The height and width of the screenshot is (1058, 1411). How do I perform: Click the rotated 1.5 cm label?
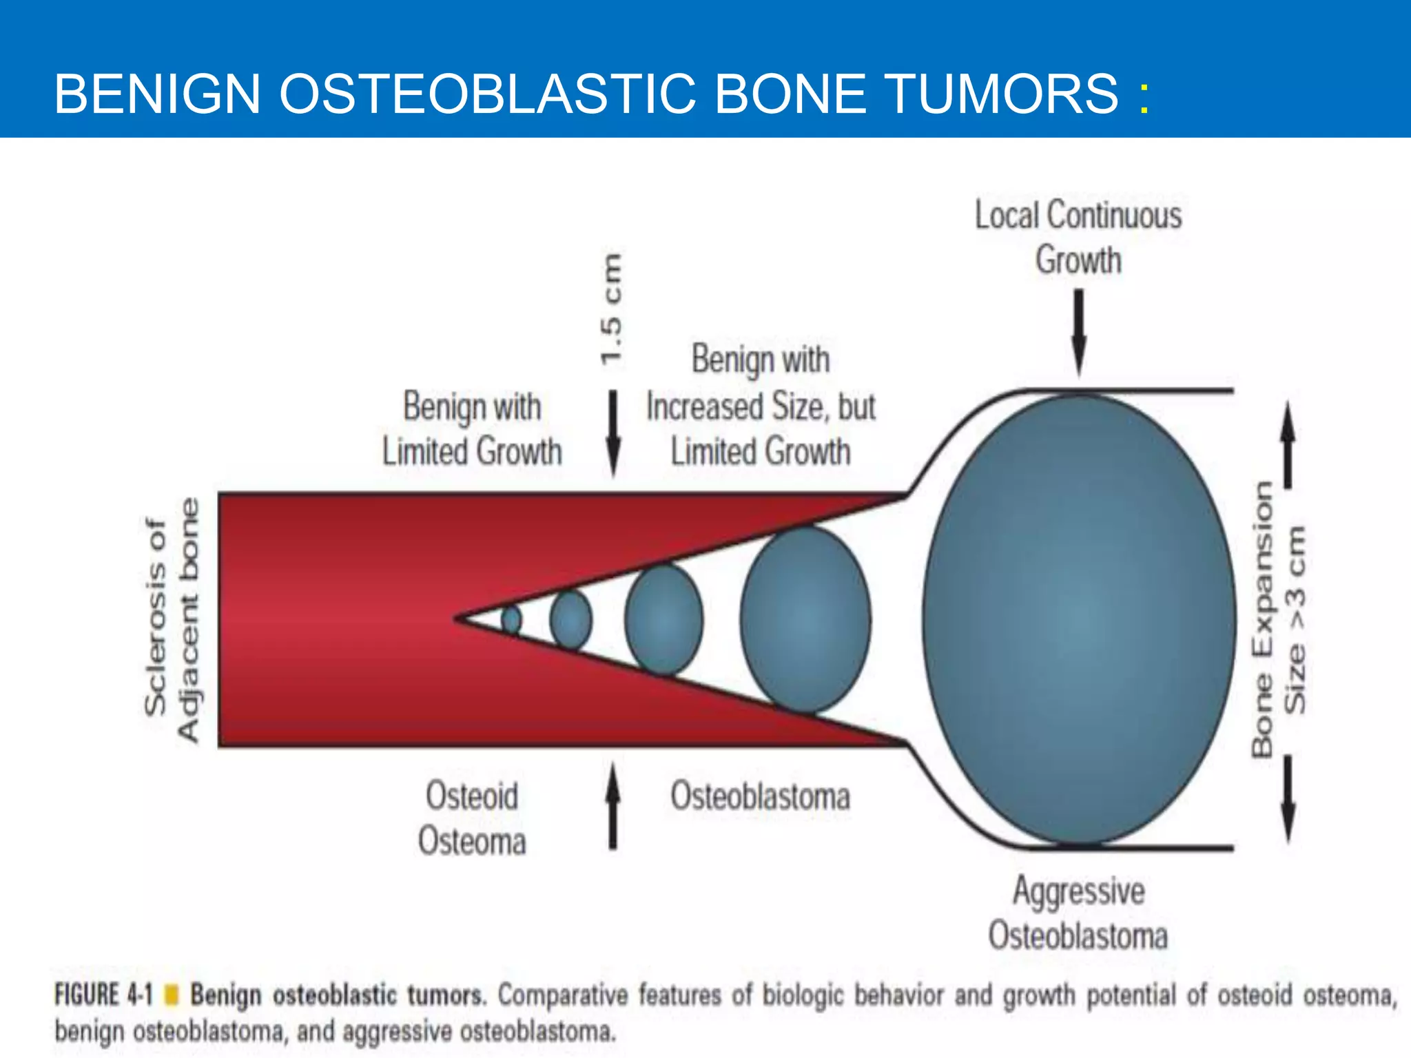611,309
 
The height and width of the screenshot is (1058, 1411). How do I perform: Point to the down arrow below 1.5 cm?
612,434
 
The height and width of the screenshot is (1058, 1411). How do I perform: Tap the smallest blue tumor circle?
511,620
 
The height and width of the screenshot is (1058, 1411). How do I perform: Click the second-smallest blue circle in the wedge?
570,620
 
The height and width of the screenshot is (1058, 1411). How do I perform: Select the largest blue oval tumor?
1079,619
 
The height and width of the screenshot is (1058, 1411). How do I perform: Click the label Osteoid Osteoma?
472,818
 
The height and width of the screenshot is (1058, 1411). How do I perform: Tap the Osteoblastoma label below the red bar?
760,797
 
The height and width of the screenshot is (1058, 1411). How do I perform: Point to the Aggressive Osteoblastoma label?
1078,913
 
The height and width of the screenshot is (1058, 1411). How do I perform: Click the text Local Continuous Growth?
1078,237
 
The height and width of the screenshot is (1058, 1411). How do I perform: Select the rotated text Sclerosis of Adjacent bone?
172,620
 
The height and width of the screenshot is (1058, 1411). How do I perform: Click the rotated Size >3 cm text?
1295,620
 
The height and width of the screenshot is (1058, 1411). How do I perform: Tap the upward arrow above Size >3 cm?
1287,444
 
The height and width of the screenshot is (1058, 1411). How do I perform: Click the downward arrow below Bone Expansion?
1287,799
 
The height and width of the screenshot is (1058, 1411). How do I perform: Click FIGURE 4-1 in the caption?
103,995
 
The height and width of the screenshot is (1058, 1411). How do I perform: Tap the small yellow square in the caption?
173,995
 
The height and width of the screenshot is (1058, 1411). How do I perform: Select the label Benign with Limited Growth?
472,428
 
